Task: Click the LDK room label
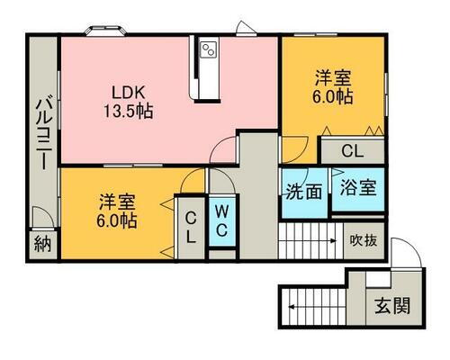click(126, 92)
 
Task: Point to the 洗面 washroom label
click(304, 191)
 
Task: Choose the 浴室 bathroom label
click(358, 191)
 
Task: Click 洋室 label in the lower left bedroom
click(116, 201)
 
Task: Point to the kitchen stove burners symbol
click(210, 49)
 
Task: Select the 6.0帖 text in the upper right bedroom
click(333, 96)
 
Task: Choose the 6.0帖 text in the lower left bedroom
click(116, 220)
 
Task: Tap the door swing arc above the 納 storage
click(40, 218)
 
